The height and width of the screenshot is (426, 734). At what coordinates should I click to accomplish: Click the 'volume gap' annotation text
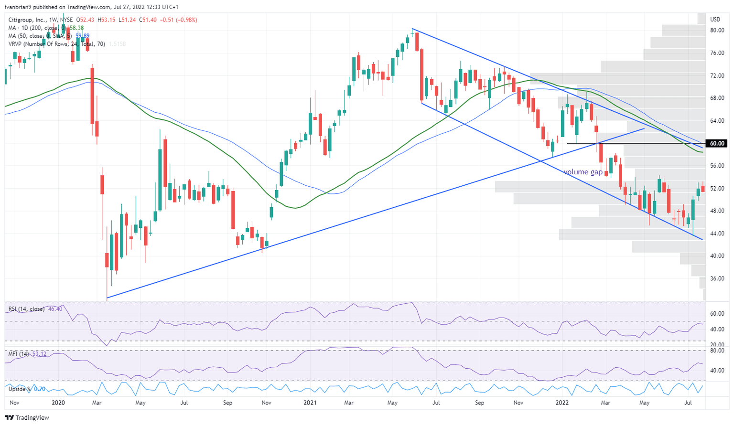[583, 172]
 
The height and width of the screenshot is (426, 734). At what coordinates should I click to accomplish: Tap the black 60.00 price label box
[717, 143]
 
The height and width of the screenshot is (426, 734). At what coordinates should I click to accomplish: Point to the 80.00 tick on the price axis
[717, 30]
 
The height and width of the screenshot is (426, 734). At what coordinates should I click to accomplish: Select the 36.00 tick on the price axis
[717, 278]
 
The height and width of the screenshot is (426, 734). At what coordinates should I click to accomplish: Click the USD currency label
[715, 20]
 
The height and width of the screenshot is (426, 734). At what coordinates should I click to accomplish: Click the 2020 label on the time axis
[58, 403]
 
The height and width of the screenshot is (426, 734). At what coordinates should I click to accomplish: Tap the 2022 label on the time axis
[562, 403]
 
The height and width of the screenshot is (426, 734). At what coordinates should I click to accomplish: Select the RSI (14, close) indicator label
[26, 309]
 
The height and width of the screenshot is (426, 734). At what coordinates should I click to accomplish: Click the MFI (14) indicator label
[19, 354]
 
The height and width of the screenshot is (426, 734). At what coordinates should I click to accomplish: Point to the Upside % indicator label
[19, 389]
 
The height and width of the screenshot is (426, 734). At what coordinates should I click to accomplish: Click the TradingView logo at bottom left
[27, 418]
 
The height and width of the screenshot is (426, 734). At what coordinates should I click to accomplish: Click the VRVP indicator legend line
[56, 44]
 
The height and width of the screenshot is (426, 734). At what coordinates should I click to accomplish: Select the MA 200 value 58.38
[77, 28]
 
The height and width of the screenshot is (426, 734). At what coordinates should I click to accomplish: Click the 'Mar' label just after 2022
[605, 403]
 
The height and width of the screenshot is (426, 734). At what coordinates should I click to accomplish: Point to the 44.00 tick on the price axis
[717, 234]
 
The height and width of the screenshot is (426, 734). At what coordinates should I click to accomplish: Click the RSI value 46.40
[56, 309]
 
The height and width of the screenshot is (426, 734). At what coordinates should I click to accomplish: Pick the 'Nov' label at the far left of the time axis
[14, 403]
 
